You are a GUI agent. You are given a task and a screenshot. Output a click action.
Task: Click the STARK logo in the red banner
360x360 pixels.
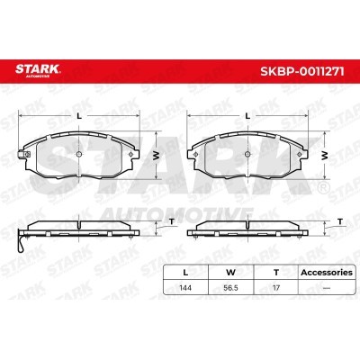coord(38,70)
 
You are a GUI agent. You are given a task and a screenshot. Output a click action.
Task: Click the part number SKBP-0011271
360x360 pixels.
coord(302,72)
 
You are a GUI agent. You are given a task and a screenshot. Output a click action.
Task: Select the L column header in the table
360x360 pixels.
coord(185,273)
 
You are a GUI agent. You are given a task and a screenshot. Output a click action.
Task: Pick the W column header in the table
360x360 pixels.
coord(230,273)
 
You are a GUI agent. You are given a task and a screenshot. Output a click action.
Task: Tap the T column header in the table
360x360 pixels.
coord(276,273)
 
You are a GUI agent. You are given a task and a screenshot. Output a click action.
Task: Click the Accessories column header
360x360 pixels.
coord(327,273)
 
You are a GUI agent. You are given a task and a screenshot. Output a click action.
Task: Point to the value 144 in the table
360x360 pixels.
coord(185,288)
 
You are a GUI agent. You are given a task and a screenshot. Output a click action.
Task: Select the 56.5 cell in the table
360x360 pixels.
coord(230,288)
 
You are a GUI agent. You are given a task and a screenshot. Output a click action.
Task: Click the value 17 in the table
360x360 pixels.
coord(276,288)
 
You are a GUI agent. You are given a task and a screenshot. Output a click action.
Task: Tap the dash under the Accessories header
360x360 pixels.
coord(327,288)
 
